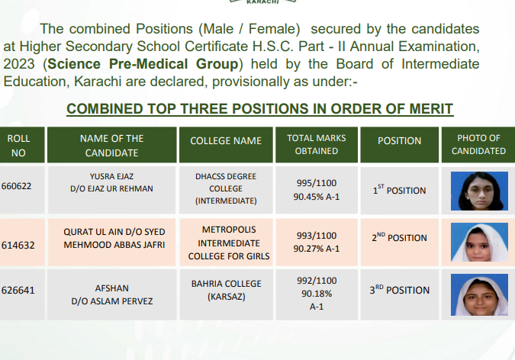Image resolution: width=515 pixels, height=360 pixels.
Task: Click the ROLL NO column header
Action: point(18,146)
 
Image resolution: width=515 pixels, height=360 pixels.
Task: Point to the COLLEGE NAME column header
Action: point(226,141)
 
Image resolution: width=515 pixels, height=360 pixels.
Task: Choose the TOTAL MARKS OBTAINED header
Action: point(316,145)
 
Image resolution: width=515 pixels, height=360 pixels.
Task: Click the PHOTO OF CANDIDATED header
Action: point(478,145)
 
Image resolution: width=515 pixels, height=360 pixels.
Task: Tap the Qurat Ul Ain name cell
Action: point(114,238)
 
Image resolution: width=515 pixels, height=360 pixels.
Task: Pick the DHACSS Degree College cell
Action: point(226,188)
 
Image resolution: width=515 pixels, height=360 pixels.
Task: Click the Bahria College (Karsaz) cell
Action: point(226,289)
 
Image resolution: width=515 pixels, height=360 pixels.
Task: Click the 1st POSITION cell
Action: point(399,190)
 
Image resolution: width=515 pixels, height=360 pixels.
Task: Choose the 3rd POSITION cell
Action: point(399,290)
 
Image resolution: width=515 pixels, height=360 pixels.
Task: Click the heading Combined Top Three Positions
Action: point(260,109)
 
